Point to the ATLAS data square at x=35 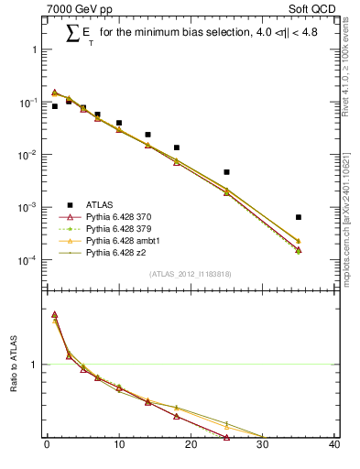(x=299, y=217)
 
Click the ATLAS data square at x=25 (x=226, y=172)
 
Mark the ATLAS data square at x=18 (x=176, y=147)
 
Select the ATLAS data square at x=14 (x=147, y=135)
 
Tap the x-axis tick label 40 (x=334, y=446)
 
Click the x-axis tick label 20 (x=191, y=446)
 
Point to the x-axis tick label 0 (x=47, y=446)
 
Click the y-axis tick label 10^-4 (x=29, y=261)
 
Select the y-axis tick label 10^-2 (x=29, y=156)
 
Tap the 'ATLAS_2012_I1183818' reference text (x=191, y=274)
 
